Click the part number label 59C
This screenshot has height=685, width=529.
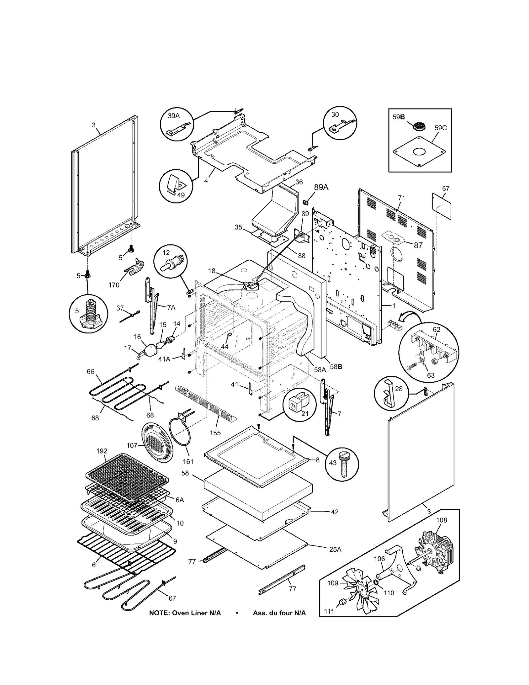tap(440, 128)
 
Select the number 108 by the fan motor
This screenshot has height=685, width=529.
tap(441, 520)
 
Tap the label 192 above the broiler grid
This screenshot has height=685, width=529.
tap(102, 451)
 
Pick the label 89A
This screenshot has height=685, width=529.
tap(321, 187)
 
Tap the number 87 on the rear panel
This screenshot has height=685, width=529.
tap(418, 245)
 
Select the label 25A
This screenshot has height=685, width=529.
tap(335, 549)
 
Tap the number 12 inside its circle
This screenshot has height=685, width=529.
tap(166, 253)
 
